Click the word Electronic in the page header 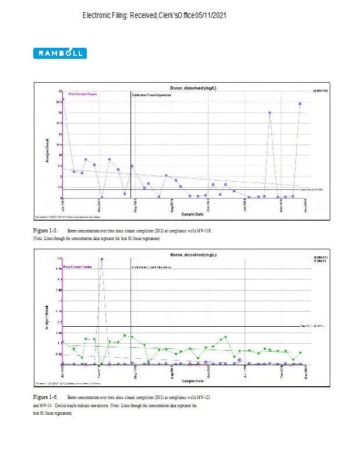point(102,15)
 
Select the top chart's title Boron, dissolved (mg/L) point(193,88)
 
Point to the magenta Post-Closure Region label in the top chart point(83,94)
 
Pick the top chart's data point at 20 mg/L point(270,113)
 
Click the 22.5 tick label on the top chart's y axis point(59,103)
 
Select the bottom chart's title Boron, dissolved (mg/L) point(193,254)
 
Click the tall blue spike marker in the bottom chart point(101,259)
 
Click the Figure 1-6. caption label point(45,397)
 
